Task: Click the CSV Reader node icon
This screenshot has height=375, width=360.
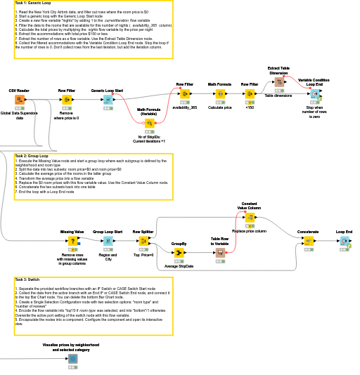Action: pos(19,100)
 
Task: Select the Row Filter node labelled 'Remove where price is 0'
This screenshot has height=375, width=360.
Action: pos(67,100)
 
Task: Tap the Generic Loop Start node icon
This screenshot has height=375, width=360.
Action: pos(108,100)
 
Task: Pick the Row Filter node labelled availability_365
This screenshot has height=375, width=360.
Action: pos(185,93)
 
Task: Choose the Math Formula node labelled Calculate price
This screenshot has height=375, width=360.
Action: pos(220,93)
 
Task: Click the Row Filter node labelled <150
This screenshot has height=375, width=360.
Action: pos(250,93)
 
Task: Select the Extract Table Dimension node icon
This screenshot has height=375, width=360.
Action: pos(278,81)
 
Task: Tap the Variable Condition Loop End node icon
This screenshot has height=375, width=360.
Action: pos(314,94)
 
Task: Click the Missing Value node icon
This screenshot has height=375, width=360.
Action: pos(72,241)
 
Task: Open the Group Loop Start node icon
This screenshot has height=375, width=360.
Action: pos(108,241)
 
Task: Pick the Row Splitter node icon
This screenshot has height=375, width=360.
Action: pos(143,241)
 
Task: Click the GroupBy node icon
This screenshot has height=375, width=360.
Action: pos(179,253)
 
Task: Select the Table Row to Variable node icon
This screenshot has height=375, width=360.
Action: pos(220,253)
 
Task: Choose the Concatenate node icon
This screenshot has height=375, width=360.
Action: pos(308,241)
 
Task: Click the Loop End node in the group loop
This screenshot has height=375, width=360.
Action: pos(344,241)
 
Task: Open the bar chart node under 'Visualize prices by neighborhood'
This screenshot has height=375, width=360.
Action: pos(72,359)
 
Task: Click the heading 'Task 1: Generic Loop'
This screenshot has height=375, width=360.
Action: pos(30,4)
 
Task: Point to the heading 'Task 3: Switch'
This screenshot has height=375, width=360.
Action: pos(26,279)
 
